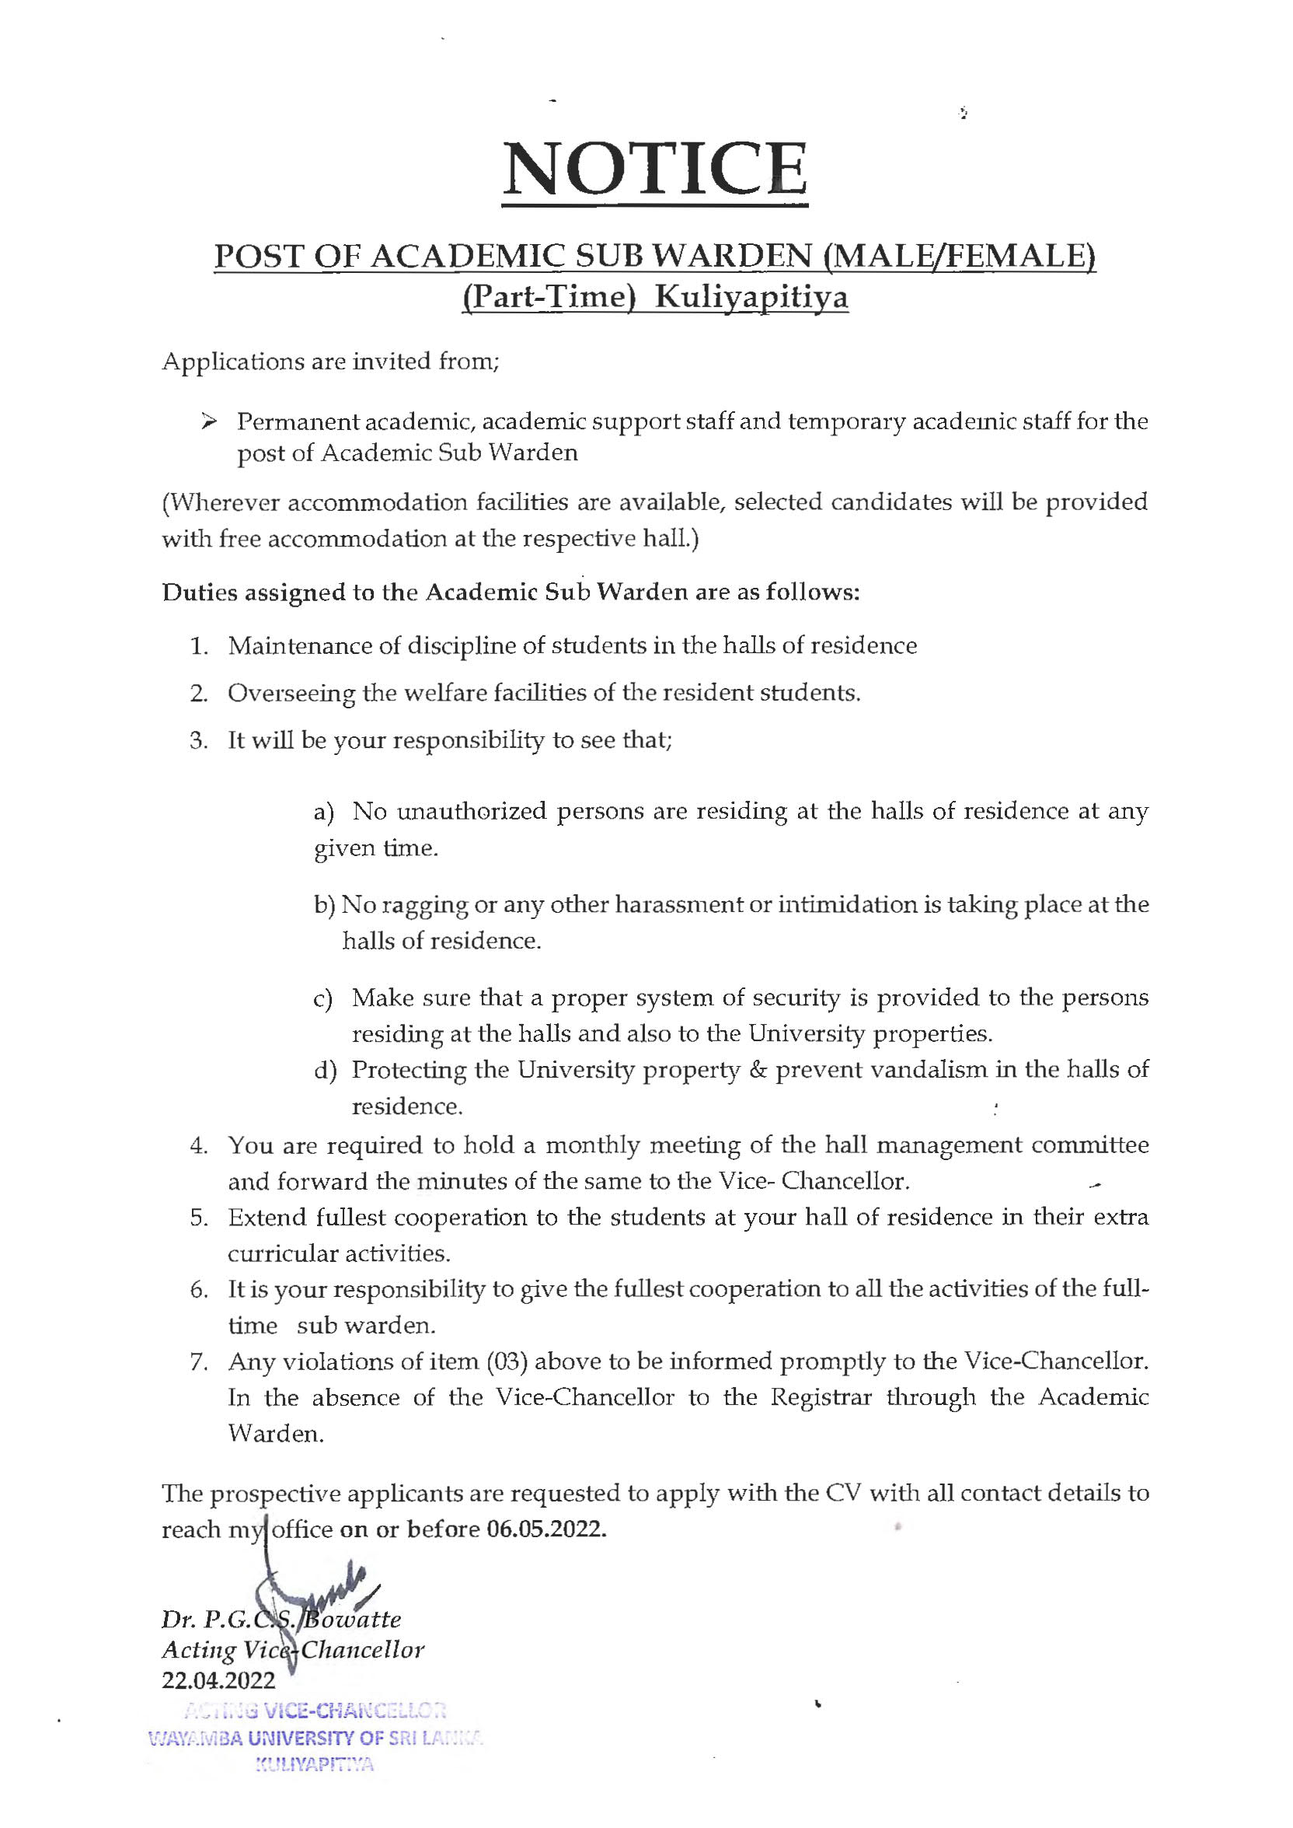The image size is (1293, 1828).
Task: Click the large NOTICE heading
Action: pyautogui.click(x=654, y=170)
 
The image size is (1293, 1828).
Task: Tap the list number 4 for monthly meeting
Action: pyautogui.click(x=197, y=1146)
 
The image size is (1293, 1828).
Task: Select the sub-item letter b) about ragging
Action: pyautogui.click(x=325, y=906)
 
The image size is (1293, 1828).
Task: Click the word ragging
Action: pyautogui.click(x=424, y=906)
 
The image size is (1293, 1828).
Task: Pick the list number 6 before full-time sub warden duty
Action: pyautogui.click(x=197, y=1291)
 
